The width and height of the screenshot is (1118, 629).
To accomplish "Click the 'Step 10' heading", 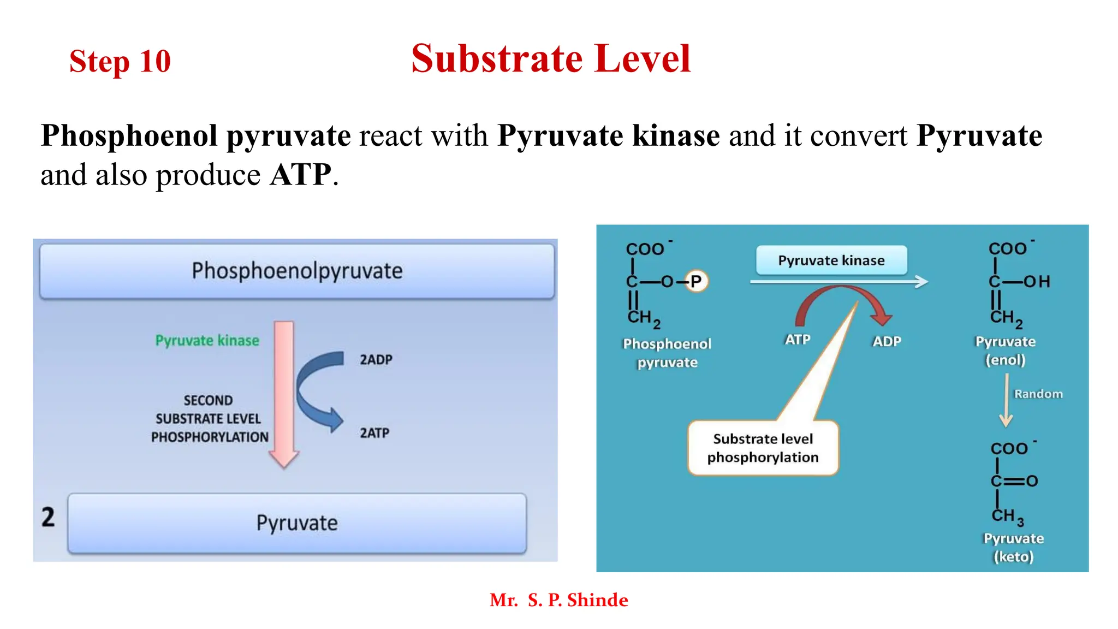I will pyautogui.click(x=120, y=61).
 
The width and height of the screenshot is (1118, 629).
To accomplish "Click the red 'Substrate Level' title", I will pyautogui.click(x=551, y=58).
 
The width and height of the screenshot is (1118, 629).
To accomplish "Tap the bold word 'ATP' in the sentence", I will pyautogui.click(x=300, y=175).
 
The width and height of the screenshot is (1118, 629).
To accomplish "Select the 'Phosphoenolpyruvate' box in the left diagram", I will pyautogui.click(x=297, y=271).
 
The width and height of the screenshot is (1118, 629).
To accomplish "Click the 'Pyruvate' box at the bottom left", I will pyautogui.click(x=297, y=523).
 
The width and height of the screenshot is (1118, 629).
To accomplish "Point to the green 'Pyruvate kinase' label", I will pyautogui.click(x=207, y=341).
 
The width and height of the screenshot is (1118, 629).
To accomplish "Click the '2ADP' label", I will pyautogui.click(x=376, y=359).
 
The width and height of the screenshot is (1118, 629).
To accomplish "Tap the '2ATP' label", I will pyautogui.click(x=374, y=433).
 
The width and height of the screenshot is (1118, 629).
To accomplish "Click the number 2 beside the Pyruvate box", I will pyautogui.click(x=48, y=517).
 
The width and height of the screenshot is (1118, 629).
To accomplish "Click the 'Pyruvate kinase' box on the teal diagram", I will pyautogui.click(x=831, y=260).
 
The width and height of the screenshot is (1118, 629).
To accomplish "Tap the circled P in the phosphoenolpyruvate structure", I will pyautogui.click(x=695, y=281).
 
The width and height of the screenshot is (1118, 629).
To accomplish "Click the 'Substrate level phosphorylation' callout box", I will pyautogui.click(x=763, y=448).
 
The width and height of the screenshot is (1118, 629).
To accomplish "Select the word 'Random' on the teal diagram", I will pyautogui.click(x=1038, y=394).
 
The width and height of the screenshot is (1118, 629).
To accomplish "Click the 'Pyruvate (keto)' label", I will pyautogui.click(x=1013, y=547).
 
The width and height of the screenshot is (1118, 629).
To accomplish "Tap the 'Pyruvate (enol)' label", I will pyautogui.click(x=1005, y=351).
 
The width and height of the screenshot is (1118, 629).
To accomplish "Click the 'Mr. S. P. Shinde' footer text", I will pyautogui.click(x=558, y=600).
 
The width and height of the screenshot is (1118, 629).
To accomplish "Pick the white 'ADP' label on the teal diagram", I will pyautogui.click(x=887, y=341).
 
